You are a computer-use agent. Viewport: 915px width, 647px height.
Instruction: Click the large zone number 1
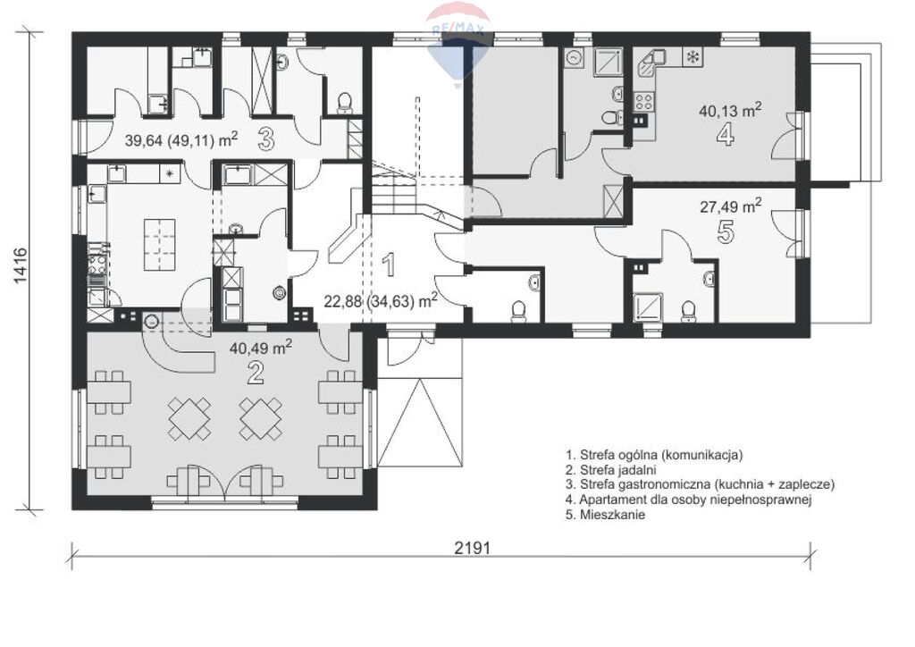(x=388, y=265)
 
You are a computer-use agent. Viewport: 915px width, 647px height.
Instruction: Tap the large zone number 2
(x=255, y=373)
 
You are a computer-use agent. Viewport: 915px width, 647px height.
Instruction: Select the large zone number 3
(x=265, y=139)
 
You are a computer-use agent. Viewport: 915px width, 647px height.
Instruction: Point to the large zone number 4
(x=726, y=134)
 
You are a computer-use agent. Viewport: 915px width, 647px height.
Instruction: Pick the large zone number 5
(x=725, y=231)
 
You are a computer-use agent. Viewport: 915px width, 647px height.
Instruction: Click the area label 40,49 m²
(x=261, y=348)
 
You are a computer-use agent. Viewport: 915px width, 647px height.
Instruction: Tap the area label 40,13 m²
(x=730, y=110)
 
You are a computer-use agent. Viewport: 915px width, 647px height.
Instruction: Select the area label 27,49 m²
(x=730, y=206)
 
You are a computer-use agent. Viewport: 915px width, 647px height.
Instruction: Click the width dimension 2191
(x=472, y=548)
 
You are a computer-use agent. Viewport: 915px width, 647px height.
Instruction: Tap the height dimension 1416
(x=20, y=265)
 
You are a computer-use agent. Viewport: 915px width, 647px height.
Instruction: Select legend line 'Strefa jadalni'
(x=611, y=470)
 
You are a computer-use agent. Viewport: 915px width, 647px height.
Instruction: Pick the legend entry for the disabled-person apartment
(x=689, y=500)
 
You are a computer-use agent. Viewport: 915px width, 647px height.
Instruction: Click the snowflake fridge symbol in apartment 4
(x=693, y=57)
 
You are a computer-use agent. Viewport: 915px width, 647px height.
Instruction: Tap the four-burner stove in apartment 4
(x=643, y=102)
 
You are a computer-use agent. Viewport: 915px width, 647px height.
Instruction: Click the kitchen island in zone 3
(x=159, y=245)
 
